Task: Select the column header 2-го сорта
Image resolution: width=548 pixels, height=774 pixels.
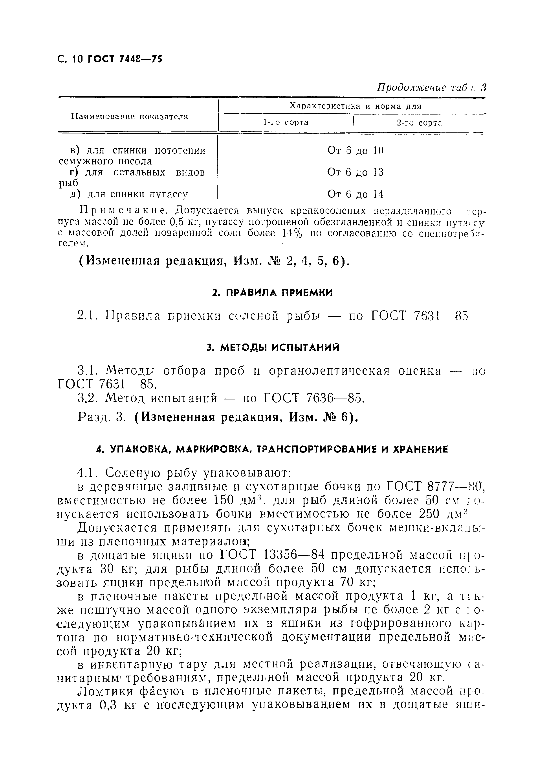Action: pyautogui.click(x=419, y=123)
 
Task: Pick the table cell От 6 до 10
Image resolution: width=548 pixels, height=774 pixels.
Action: pyautogui.click(x=355, y=151)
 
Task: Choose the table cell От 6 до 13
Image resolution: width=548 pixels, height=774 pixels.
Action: pyautogui.click(x=355, y=173)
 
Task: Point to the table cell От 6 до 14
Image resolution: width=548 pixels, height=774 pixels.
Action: pyautogui.click(x=355, y=194)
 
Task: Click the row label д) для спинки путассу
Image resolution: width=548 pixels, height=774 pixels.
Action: pyautogui.click(x=128, y=194)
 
